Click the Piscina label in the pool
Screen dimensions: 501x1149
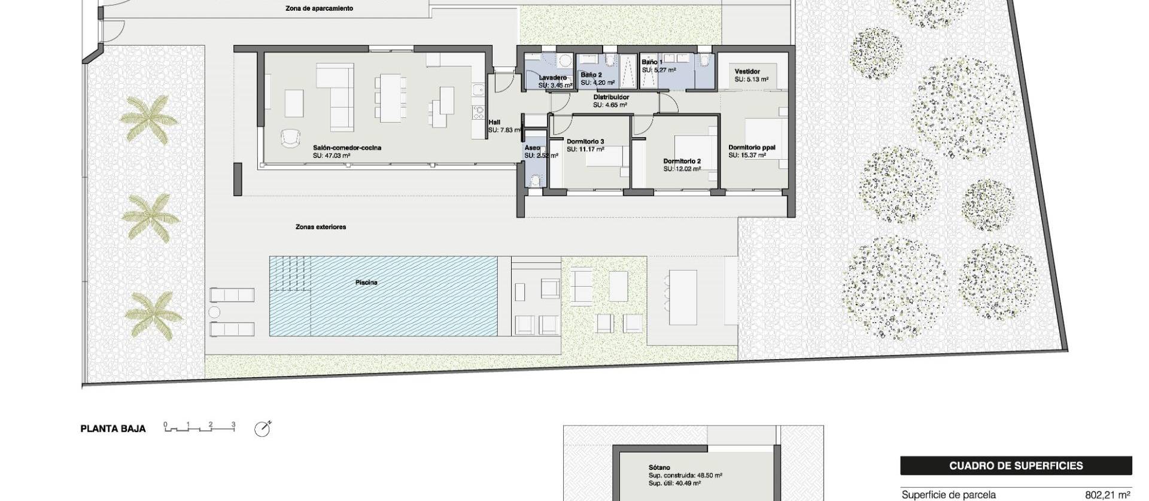tap(366, 283)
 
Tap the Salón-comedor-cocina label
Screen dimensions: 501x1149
tap(347, 147)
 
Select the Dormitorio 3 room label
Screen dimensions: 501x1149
tap(585, 142)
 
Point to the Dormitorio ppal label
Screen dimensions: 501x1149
tap(752, 147)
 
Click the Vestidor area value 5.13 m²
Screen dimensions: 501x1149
tap(752, 79)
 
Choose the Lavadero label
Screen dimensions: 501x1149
tap(552, 78)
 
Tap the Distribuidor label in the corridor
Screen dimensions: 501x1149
tap(611, 97)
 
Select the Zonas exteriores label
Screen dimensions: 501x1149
tap(321, 227)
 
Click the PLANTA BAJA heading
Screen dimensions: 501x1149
tap(113, 429)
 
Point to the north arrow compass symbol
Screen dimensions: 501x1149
tap(262, 429)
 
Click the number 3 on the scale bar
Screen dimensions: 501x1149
tap(233, 424)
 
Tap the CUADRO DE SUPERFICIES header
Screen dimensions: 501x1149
tap(1016, 466)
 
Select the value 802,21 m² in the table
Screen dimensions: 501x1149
tap(1107, 495)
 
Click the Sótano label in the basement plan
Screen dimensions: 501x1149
tap(659, 467)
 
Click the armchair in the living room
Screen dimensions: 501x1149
tap(290, 138)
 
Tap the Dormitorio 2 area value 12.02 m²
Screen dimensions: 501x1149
tap(682, 169)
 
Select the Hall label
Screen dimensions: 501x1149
tap(494, 122)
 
